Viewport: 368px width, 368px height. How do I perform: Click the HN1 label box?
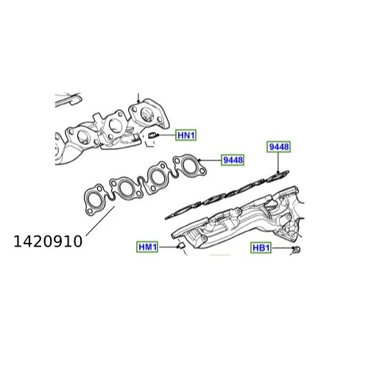pos(185,135)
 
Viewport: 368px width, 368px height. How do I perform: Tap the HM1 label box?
pos(147,247)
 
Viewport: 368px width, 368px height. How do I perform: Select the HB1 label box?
pos(261,248)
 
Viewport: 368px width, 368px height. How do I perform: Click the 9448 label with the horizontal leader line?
pos(233,160)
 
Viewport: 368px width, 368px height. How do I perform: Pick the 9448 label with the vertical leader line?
pos(279,146)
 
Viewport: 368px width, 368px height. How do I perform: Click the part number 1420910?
pos(48,241)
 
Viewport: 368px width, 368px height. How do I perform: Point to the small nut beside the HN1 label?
pos(153,135)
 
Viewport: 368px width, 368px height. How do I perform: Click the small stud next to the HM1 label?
pos(181,246)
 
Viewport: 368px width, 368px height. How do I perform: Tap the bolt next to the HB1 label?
pos(297,250)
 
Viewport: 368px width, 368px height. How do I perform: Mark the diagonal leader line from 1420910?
pos(100,221)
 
